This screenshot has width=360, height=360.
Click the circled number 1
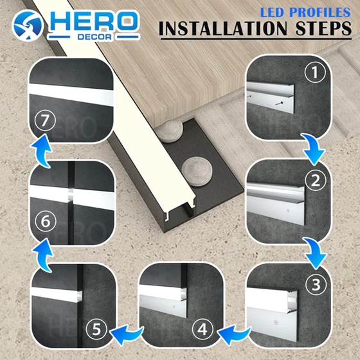315,72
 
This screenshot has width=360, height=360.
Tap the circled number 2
316,180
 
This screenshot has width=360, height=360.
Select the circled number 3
316,285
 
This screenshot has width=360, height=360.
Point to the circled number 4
203,330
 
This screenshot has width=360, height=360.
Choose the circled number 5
96,329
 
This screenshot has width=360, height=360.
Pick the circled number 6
46,221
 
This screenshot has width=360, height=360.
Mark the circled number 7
45,120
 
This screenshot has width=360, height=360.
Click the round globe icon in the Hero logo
27,26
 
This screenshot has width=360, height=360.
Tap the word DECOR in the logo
94,37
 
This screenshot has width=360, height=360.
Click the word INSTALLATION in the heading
223,29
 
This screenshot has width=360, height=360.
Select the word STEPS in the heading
323,29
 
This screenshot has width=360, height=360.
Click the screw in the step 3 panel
275,322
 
